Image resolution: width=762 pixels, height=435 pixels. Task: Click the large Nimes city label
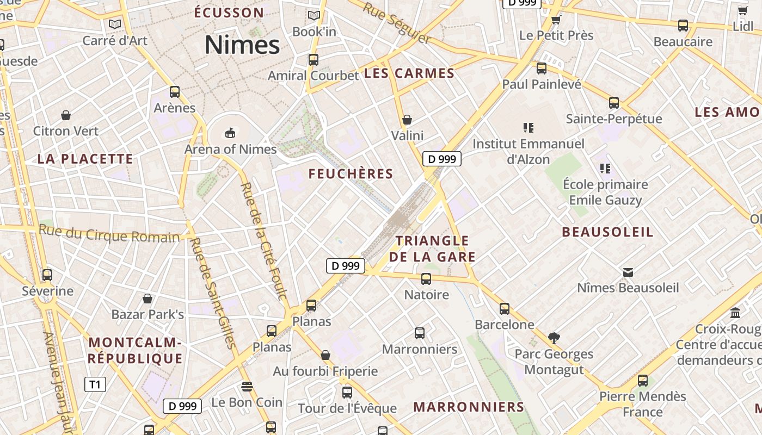(242, 45)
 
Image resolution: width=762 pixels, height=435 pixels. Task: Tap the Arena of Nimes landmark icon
(230, 133)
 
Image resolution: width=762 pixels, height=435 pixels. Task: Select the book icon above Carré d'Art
(114, 24)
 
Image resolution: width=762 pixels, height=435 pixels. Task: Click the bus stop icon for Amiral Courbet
(314, 60)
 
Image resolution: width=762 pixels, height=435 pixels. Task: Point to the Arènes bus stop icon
(175, 92)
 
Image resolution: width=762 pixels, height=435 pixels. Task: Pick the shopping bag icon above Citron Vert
(66, 115)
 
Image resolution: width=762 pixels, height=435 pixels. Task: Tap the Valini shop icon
(407, 120)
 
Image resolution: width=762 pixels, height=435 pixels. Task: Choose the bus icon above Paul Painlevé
(542, 69)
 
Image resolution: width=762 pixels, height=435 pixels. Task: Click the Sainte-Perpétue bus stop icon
(614, 103)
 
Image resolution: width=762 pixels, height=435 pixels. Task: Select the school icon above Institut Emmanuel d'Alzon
(528, 128)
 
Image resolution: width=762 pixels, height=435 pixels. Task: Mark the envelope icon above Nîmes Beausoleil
(628, 272)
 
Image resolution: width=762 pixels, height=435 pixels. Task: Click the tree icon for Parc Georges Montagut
(554, 338)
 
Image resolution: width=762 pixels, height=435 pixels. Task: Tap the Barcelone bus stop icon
(505, 309)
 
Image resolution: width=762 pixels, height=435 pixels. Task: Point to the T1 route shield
(95, 384)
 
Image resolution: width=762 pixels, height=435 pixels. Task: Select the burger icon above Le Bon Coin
(247, 387)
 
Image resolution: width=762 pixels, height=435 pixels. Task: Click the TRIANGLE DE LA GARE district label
(432, 248)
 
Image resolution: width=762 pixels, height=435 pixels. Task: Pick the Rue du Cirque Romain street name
(109, 234)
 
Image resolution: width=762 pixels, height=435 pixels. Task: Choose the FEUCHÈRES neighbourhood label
(351, 174)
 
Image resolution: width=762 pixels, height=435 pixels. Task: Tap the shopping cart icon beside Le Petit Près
(556, 20)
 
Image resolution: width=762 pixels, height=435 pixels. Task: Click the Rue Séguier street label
(397, 23)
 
